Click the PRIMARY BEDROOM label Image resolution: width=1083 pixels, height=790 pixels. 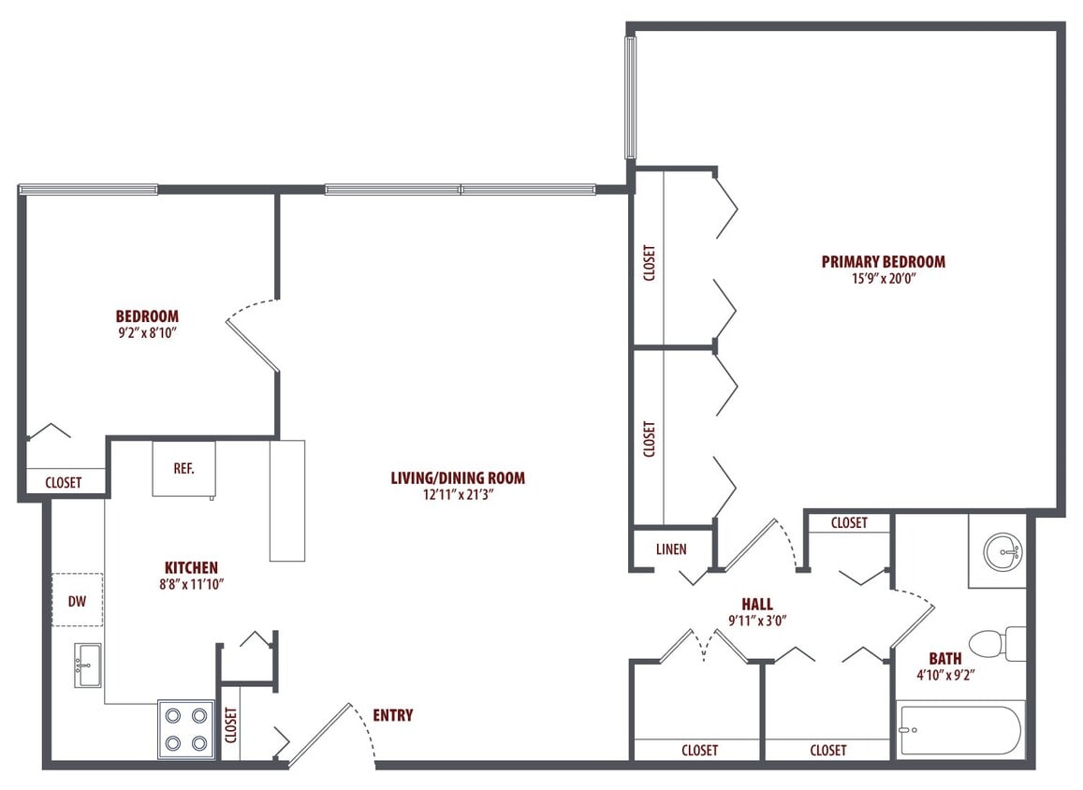point(883,262)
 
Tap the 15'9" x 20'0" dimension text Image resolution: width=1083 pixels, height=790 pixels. point(883,279)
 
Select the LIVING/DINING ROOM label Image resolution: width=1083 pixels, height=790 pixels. point(458,478)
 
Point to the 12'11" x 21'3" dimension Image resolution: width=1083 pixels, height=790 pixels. point(458,495)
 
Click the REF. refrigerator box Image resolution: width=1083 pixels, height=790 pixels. point(183,468)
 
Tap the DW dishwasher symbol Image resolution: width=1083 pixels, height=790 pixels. point(77,601)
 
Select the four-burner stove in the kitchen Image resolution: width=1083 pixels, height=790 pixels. point(185,729)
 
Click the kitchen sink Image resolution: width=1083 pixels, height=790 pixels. point(88,665)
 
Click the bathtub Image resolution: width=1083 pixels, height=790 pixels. point(960,730)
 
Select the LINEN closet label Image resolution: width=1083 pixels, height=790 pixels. point(671,549)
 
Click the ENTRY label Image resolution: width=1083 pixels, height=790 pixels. point(392,716)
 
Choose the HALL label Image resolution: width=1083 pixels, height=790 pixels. point(756,605)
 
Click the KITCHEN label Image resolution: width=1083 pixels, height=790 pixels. point(191,568)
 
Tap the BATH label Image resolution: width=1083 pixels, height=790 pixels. point(944,659)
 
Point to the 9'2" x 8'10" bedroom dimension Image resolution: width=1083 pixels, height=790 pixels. point(147,332)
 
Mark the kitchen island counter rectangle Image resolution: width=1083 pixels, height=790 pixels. point(286,500)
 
